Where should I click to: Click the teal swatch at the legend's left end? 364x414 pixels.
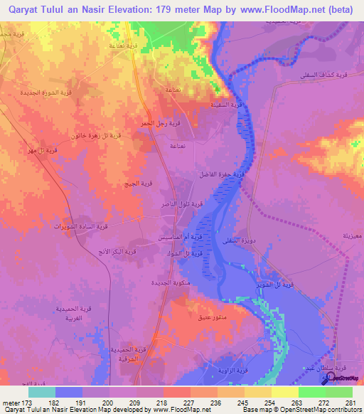coord(42,392)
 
